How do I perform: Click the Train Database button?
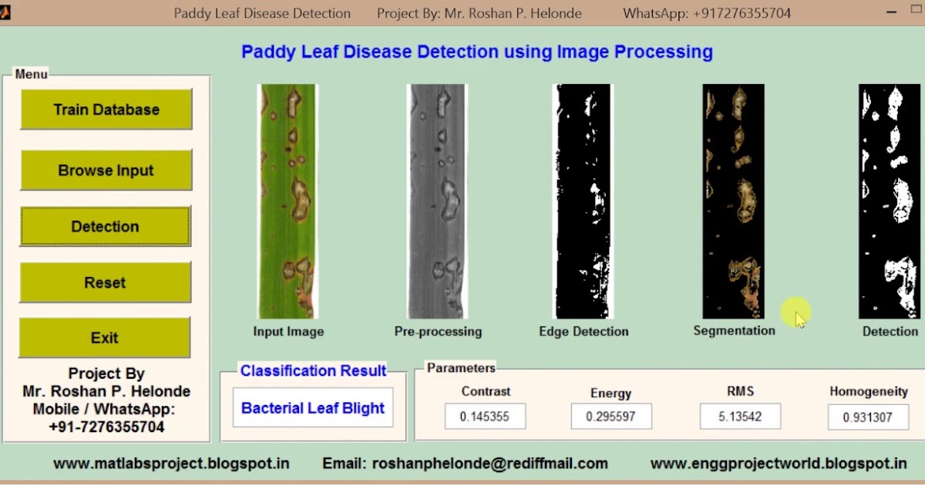pos(106,109)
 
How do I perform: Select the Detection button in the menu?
pos(105,227)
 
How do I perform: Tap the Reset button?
pos(105,282)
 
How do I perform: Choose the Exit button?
pos(105,338)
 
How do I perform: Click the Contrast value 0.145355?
pos(485,416)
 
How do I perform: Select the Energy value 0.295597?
pos(611,416)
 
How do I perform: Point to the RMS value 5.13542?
pos(741,416)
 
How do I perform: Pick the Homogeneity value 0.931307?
pos(869,417)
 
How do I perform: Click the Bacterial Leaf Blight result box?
pos(313,407)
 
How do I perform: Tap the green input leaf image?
pos(288,201)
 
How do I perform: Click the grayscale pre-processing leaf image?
pos(437,201)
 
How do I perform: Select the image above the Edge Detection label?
pos(583,201)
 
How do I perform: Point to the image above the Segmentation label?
pos(733,201)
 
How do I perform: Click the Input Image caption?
pos(288,332)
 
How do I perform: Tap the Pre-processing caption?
pos(438,332)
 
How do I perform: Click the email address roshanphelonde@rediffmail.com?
pos(489,464)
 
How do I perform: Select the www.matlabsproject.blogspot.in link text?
pos(171,464)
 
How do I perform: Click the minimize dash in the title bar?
pos(892,12)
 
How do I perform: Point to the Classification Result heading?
pos(314,371)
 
